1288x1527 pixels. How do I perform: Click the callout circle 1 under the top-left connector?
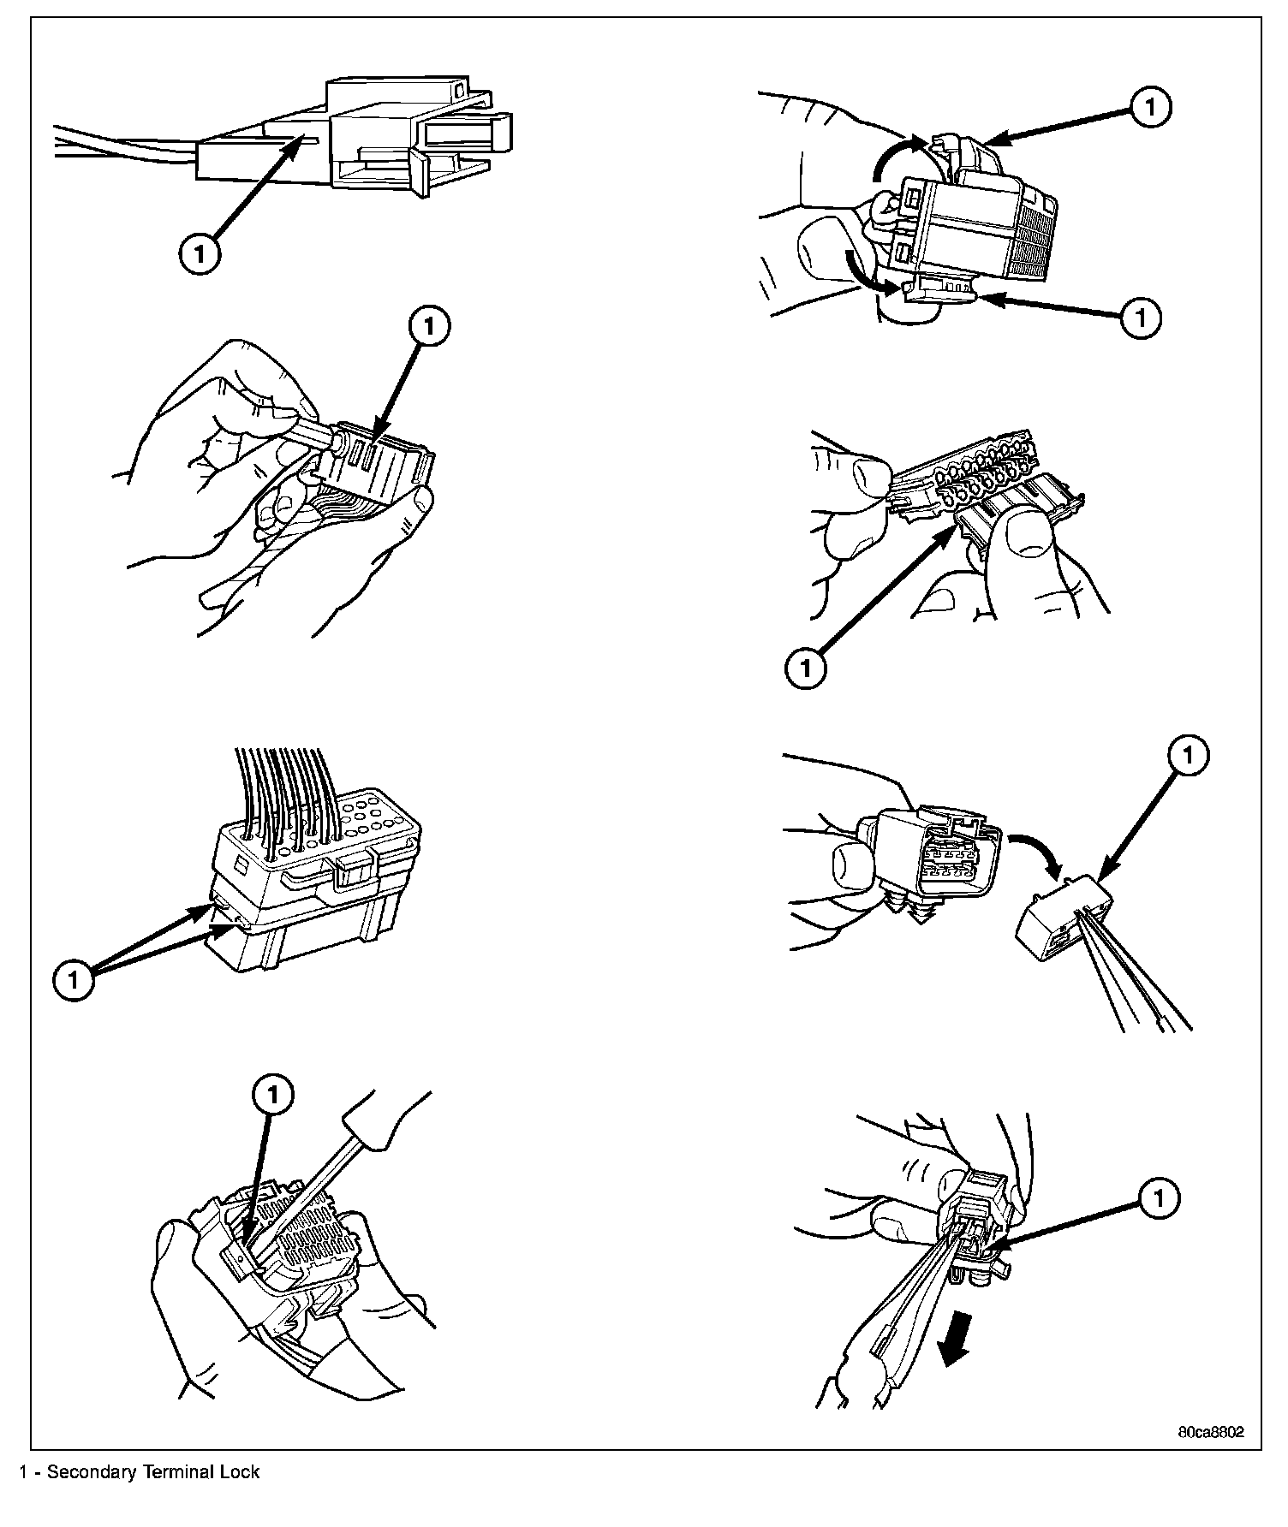200,254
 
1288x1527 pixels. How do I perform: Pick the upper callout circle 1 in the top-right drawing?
1150,107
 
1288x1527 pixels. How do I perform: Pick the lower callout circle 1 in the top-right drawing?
1141,318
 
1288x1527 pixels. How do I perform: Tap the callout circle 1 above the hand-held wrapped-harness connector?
430,326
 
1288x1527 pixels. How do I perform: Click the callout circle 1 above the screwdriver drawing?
273,1093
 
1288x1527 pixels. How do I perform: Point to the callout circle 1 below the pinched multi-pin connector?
806,668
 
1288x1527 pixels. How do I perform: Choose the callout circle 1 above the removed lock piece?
1188,754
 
